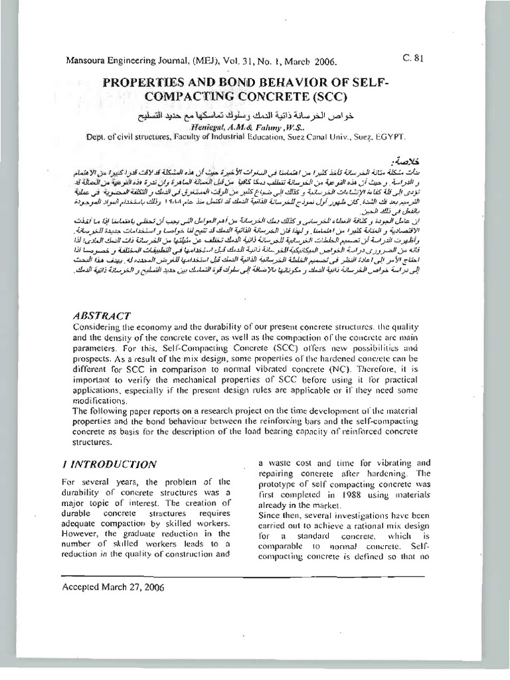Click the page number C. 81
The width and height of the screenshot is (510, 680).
(413, 57)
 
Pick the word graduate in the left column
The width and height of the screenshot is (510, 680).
(133, 532)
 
